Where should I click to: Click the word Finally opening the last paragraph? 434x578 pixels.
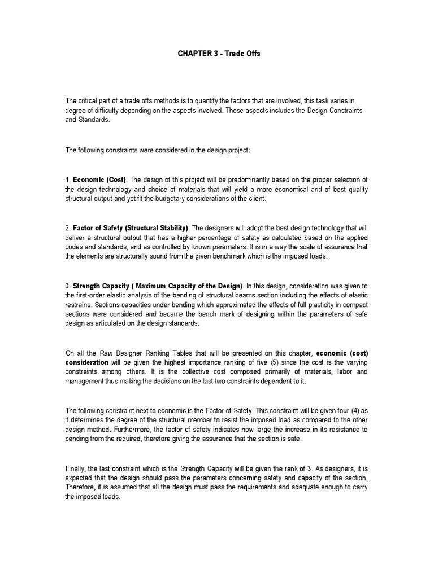click(76, 468)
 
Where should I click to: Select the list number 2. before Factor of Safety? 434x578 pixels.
click(68, 228)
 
